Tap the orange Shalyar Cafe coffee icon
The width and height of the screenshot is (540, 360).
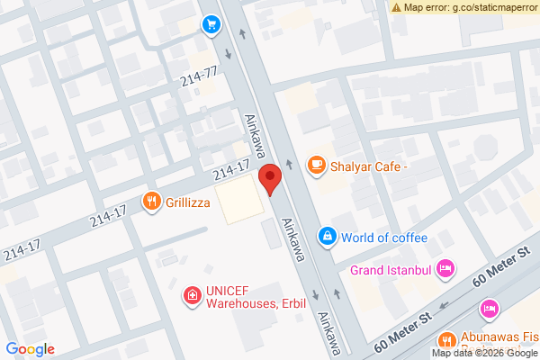315,164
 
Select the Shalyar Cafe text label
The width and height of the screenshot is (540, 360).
369,165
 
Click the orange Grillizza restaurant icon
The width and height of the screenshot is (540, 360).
151,202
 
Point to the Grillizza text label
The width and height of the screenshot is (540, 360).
187,202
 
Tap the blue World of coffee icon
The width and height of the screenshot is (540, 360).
328,237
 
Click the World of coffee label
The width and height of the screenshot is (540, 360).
383,238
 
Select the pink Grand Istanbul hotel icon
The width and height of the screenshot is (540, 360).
445,268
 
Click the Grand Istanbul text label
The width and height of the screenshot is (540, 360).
391,269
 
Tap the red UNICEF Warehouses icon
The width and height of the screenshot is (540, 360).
192,294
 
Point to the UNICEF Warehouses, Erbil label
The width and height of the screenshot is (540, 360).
256,297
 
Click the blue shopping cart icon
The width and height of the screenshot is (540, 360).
211,24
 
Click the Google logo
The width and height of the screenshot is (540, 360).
30,349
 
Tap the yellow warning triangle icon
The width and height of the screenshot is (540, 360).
396,7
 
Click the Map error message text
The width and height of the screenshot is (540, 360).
470,7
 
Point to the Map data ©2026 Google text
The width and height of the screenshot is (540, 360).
484,353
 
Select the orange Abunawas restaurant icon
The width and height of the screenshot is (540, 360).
445,340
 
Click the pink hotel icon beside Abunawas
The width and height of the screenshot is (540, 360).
490,310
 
